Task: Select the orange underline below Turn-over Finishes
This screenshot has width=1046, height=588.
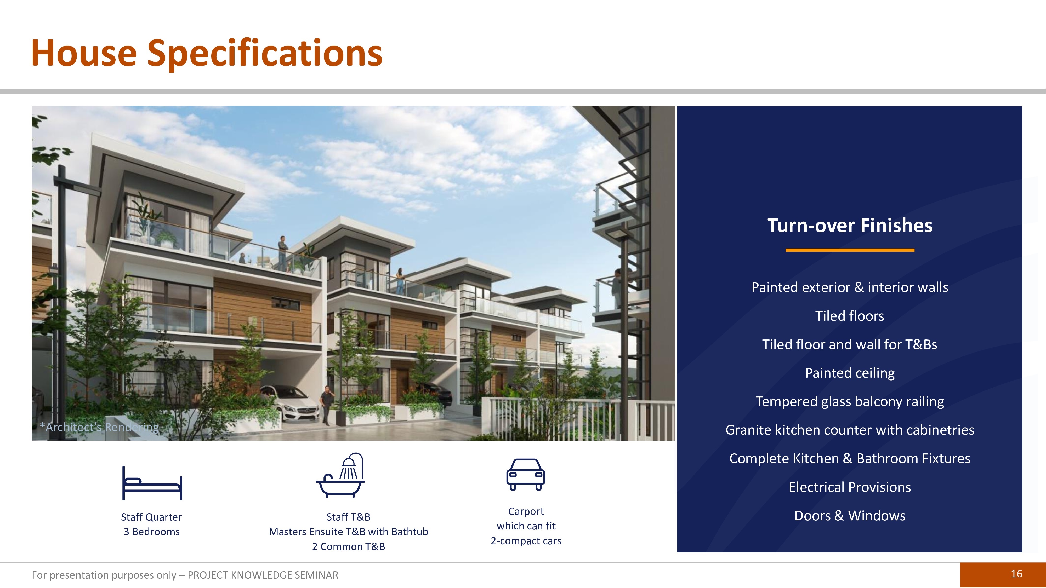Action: tap(850, 250)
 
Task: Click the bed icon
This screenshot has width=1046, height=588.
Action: tap(152, 483)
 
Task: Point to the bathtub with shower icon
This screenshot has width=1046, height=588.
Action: tap(340, 475)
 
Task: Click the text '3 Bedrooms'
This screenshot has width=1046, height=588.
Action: tap(151, 532)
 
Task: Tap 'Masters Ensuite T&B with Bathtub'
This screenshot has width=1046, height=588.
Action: tap(348, 532)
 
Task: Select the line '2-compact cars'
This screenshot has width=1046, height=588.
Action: tap(526, 541)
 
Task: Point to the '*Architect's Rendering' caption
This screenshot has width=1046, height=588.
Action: tap(99, 427)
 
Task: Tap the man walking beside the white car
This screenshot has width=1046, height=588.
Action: tap(326, 405)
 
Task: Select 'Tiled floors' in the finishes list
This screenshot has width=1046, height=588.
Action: tap(849, 316)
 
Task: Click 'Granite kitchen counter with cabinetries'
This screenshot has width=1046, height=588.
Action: tap(849, 430)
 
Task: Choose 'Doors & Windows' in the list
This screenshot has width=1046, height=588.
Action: tap(849, 515)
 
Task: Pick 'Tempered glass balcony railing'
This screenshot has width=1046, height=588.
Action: tap(849, 401)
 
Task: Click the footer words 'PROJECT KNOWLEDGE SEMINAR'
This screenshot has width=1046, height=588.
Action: tap(263, 575)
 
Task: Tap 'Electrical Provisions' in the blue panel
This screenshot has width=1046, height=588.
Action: tap(849, 487)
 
